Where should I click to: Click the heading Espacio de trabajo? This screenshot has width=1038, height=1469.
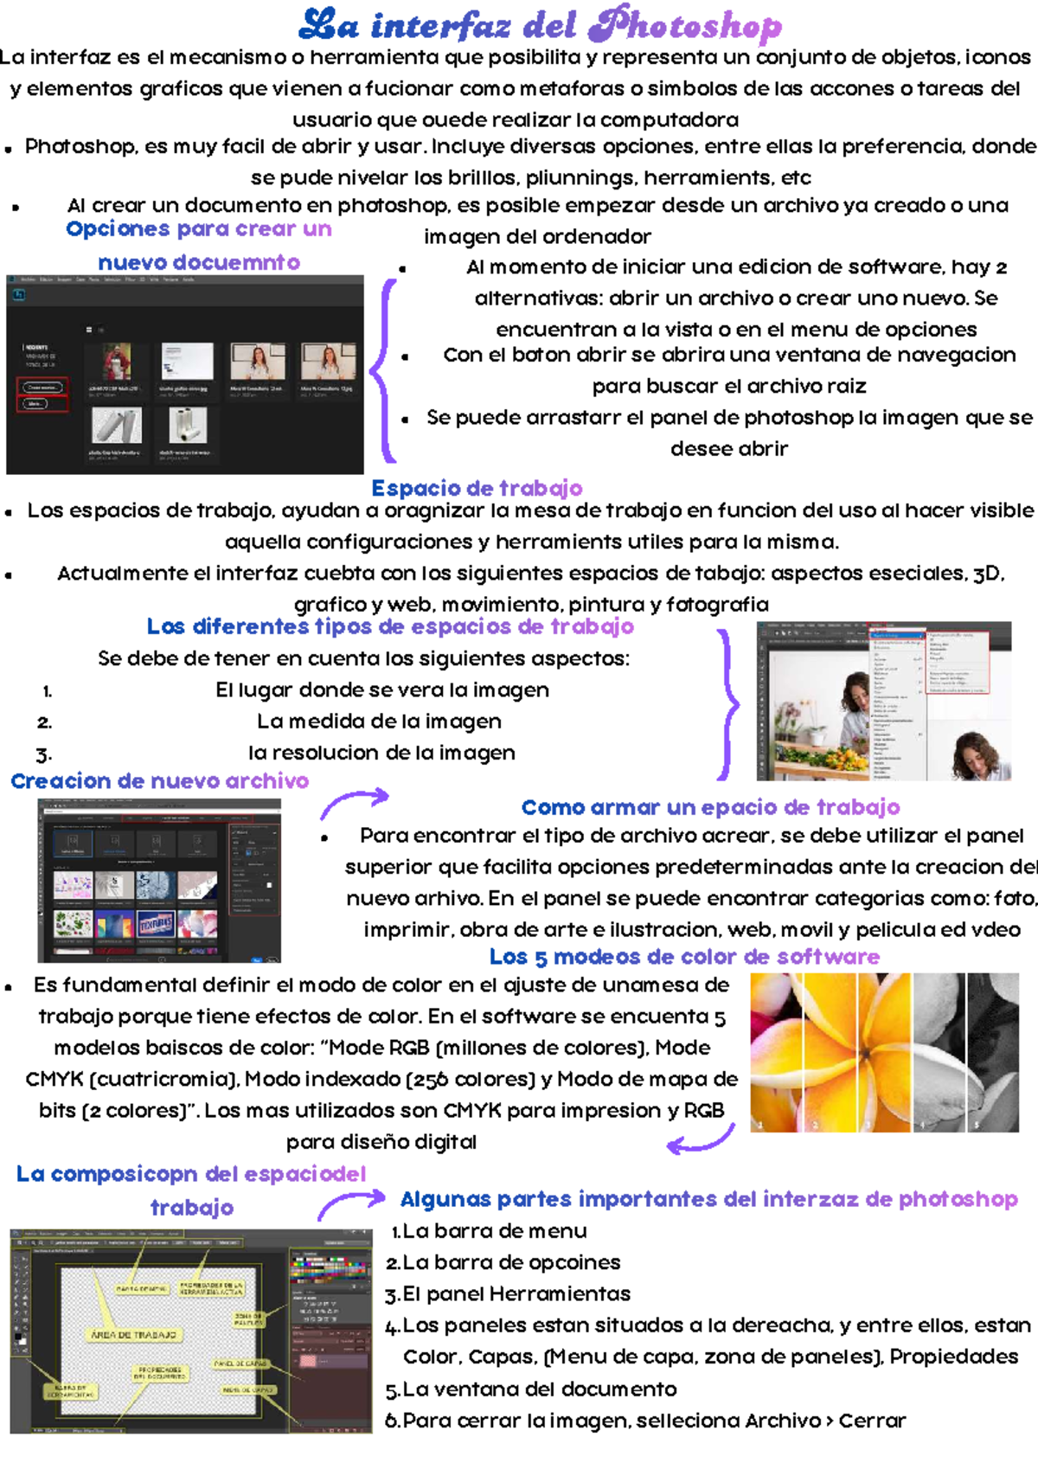(477, 488)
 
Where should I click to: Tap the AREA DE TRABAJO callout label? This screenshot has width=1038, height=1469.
(133, 1335)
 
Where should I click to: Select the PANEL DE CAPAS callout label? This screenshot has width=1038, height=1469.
(241, 1364)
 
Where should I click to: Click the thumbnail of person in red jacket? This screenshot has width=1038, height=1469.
(117, 362)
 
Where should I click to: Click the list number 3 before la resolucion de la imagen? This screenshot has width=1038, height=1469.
(44, 754)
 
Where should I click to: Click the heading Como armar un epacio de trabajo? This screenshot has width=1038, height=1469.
(710, 807)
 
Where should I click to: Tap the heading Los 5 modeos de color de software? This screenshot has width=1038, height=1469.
(684, 957)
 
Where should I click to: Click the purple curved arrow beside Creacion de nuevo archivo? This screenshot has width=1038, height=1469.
(355, 802)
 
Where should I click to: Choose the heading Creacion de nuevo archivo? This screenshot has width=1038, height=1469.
(159, 781)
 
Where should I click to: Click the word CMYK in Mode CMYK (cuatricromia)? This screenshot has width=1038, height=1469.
(54, 1079)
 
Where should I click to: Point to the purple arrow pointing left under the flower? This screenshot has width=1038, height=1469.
(701, 1142)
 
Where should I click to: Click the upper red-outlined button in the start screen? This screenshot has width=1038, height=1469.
(43, 387)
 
